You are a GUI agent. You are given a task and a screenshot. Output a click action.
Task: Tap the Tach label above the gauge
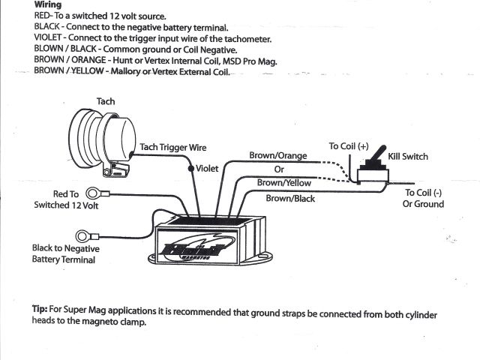106,101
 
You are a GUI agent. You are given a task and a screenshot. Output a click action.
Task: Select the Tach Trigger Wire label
173,148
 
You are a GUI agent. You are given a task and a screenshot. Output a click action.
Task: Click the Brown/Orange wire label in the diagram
278,156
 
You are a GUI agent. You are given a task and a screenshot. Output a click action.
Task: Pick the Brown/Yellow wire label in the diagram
283,182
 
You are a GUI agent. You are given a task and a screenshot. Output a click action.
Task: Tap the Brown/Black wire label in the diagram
291,199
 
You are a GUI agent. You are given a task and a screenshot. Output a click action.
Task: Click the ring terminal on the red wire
95,193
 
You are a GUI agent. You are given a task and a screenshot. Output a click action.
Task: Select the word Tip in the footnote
42,309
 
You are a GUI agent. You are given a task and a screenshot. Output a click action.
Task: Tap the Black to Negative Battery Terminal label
65,253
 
